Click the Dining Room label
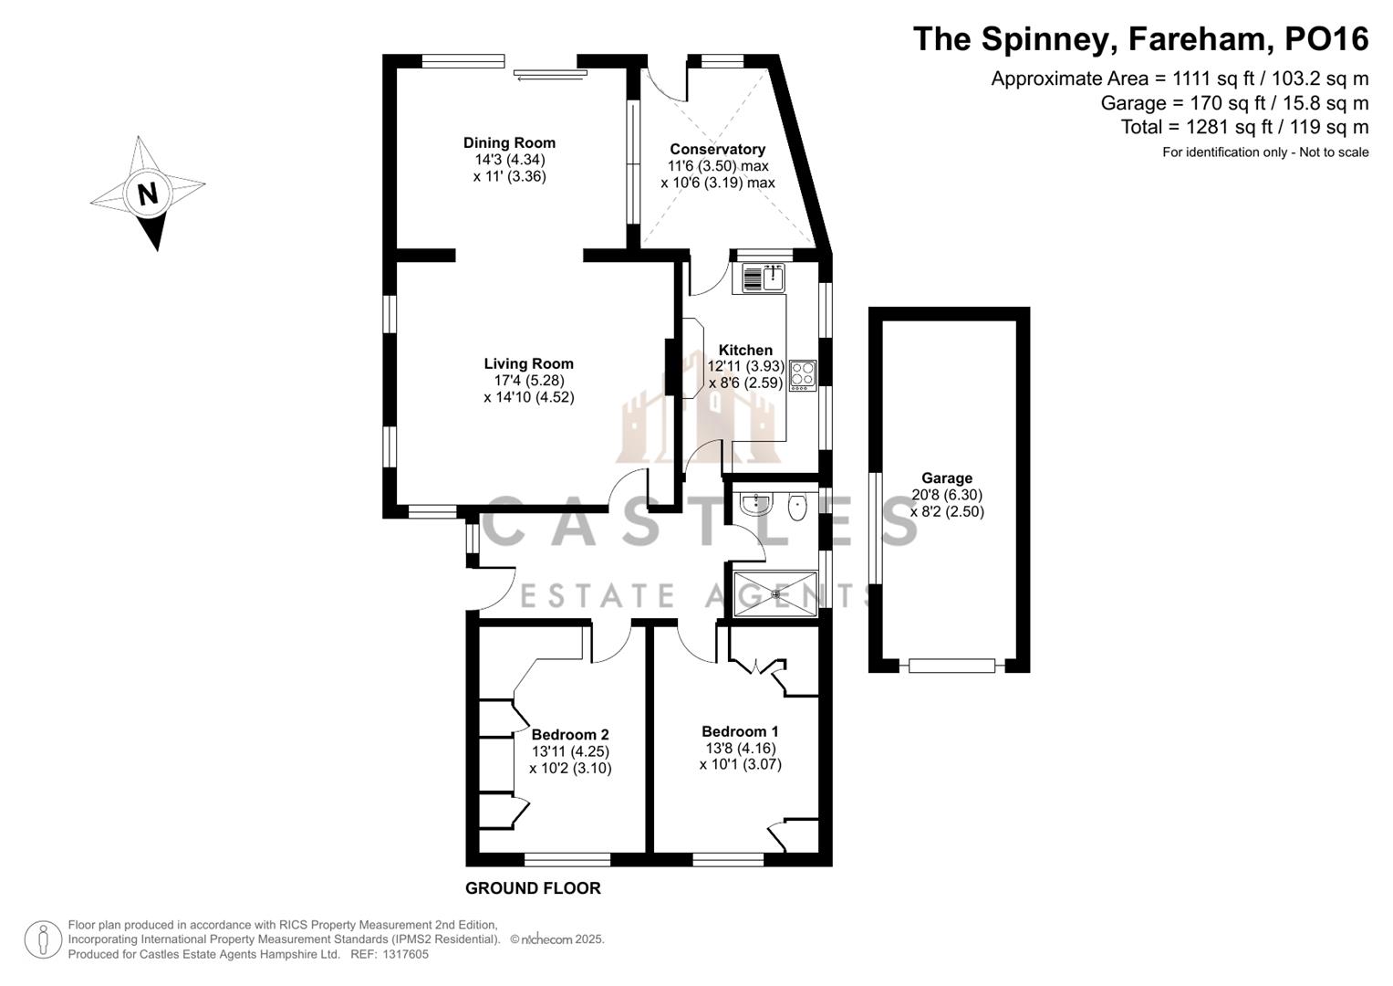pyautogui.click(x=509, y=142)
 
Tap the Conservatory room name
pyautogui.click(x=717, y=149)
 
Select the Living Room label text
pyautogui.click(x=528, y=363)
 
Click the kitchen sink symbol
pyautogui.click(x=764, y=277)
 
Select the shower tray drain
pyautogui.click(x=775, y=594)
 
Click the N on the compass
pyautogui.click(x=148, y=194)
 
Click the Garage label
pyautogui.click(x=947, y=477)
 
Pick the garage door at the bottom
pyautogui.click(x=951, y=666)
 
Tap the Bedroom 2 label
pyautogui.click(x=570, y=734)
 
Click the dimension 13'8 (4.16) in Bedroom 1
pyautogui.click(x=740, y=748)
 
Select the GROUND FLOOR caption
pyautogui.click(x=533, y=888)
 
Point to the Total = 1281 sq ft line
pyautogui.click(x=1244, y=127)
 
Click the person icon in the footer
pyautogui.click(x=43, y=939)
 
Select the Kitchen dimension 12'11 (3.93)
pyautogui.click(x=745, y=366)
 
